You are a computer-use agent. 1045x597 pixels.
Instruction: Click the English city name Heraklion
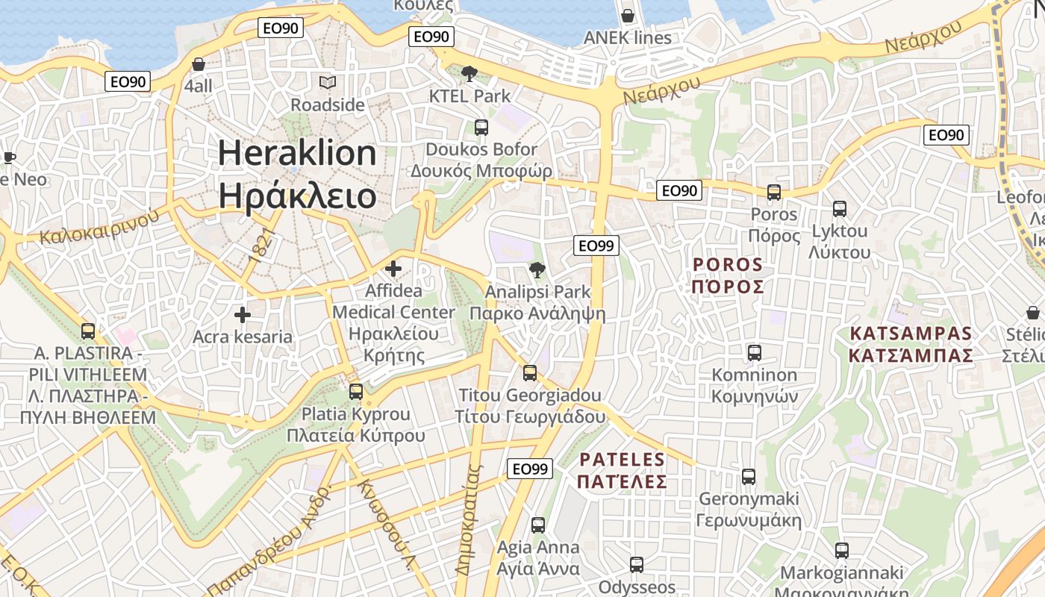tap(297, 153)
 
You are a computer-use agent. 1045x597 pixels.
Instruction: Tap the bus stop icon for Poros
tap(774, 193)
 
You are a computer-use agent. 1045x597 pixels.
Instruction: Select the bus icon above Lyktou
tap(840, 209)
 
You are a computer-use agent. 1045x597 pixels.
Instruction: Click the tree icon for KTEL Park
tap(470, 74)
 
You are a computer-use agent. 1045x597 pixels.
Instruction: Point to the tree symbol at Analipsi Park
tap(536, 270)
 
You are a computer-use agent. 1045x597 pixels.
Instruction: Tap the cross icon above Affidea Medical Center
tap(393, 269)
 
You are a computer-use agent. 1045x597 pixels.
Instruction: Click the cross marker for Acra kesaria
tap(243, 315)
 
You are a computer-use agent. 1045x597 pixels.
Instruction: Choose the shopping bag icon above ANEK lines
tap(628, 16)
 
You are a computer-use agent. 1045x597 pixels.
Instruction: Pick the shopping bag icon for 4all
tap(199, 64)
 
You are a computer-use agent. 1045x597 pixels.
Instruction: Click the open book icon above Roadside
tap(328, 82)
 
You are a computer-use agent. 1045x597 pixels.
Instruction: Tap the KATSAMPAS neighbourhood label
tap(911, 334)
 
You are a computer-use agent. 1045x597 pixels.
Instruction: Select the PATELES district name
tap(622, 459)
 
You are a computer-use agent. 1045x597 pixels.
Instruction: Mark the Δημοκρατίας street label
tap(467, 520)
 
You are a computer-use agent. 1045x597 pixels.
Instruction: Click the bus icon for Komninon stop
tap(755, 353)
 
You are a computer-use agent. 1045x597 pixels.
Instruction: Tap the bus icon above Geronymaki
tap(749, 477)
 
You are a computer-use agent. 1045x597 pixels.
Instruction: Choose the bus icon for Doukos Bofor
tap(481, 128)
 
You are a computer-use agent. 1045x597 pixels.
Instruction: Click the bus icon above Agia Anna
tap(538, 525)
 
